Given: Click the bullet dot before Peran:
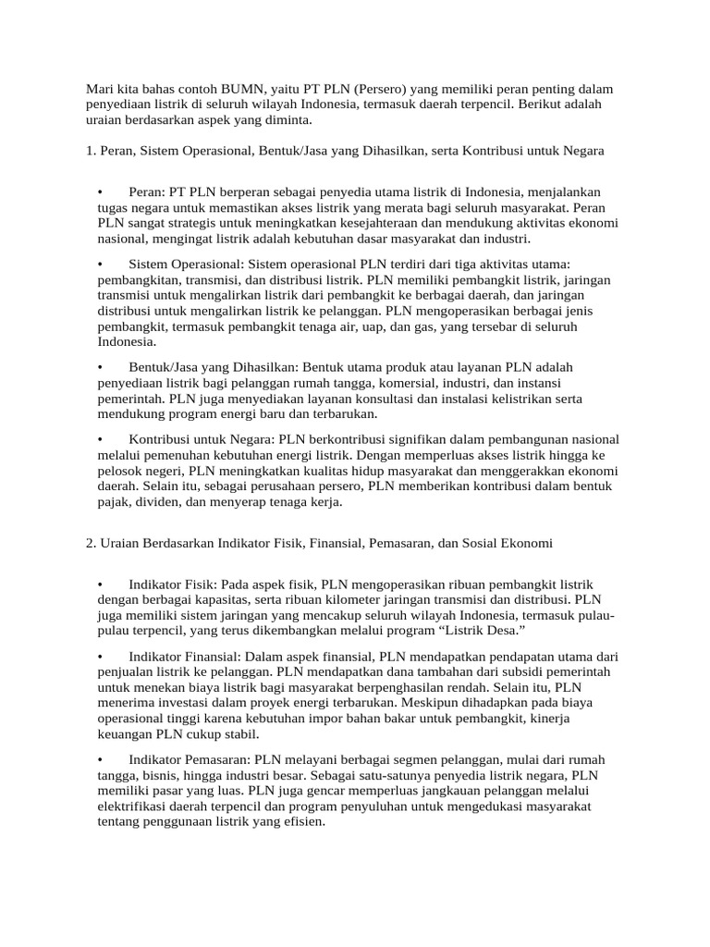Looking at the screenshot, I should (x=100, y=191).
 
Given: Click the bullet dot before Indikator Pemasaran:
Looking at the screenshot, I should (x=100, y=760).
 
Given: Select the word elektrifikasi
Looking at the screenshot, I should (x=138, y=806).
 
